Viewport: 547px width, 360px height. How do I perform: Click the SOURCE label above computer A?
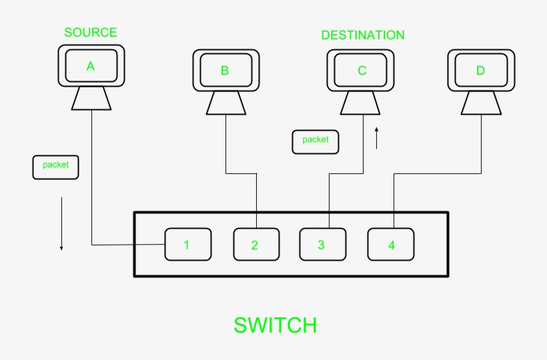pyautogui.click(x=90, y=32)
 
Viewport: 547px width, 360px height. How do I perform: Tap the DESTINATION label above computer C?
pyautogui.click(x=362, y=35)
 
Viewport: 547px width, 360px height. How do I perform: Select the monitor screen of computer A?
pyautogui.click(x=91, y=66)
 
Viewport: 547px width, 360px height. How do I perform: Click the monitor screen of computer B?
pyautogui.click(x=225, y=71)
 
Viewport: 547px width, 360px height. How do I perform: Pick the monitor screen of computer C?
pyautogui.click(x=362, y=71)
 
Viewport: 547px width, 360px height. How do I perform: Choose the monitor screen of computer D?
pyautogui.click(x=480, y=71)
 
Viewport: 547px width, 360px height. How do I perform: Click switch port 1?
pyautogui.click(x=187, y=245)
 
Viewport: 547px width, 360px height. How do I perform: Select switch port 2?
pyautogui.click(x=255, y=245)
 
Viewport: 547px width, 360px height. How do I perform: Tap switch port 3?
pyautogui.click(x=322, y=245)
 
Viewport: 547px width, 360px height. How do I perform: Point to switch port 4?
pyautogui.click(x=391, y=245)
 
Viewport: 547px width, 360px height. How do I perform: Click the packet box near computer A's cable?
pyautogui.click(x=55, y=166)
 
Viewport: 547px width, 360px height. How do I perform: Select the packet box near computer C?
pyautogui.click(x=315, y=141)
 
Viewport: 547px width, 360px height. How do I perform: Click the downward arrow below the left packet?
pyautogui.click(x=61, y=224)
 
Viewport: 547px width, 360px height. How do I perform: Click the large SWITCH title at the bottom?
pyautogui.click(x=275, y=325)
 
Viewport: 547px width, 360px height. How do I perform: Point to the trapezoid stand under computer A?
pyautogui.click(x=91, y=99)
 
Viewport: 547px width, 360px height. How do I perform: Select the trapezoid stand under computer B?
pyautogui.click(x=225, y=103)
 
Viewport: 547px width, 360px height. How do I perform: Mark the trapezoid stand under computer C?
pyautogui.click(x=362, y=103)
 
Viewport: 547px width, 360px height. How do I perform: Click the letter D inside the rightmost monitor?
pyautogui.click(x=480, y=71)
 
